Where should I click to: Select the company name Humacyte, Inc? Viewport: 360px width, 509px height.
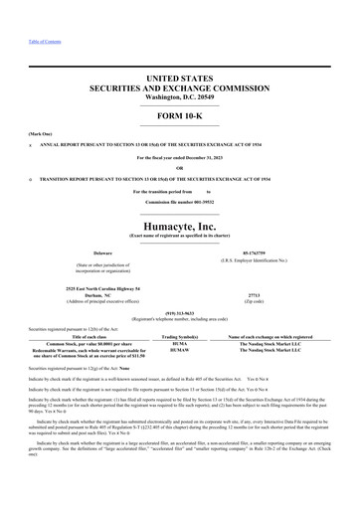pyautogui.click(x=179, y=198)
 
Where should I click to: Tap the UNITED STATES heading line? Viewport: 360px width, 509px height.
pyautogui.click(x=179, y=77)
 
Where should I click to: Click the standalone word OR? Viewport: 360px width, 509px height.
pyautogui.click(x=179, y=166)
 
